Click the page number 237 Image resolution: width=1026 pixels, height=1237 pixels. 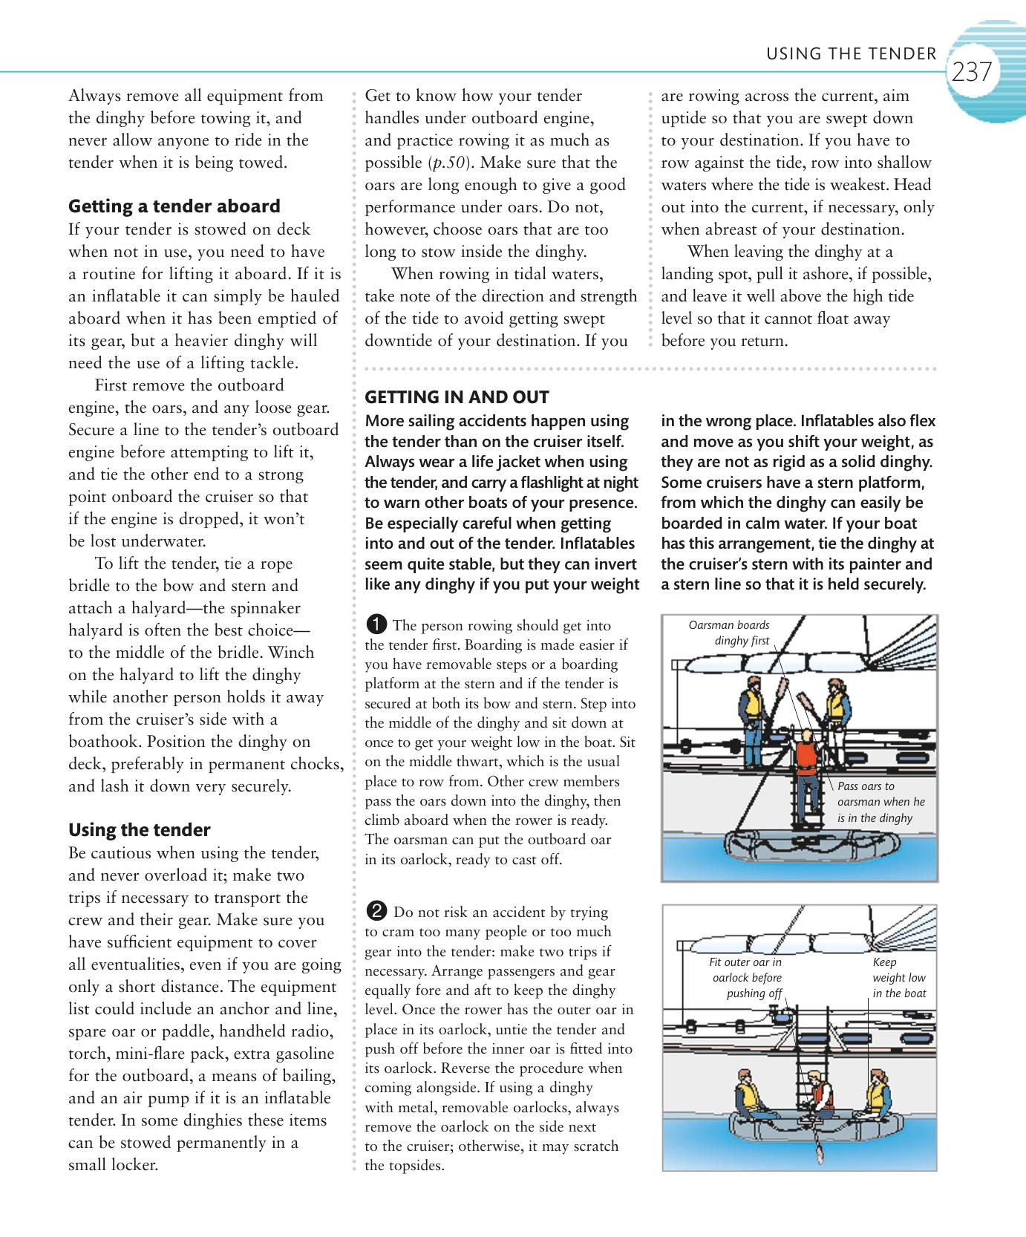tap(971, 73)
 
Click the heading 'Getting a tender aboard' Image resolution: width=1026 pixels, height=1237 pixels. tap(174, 206)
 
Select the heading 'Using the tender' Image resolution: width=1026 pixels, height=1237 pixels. tap(139, 830)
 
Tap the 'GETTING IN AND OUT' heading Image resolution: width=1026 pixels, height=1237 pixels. tap(457, 397)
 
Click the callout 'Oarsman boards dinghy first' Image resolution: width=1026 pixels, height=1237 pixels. tap(731, 633)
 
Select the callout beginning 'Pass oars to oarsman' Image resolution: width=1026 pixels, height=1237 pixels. tap(880, 802)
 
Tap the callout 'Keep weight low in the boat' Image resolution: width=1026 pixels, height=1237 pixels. tap(898, 978)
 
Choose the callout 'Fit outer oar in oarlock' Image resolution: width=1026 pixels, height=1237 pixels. tap(746, 978)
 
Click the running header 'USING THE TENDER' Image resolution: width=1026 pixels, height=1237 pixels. tap(851, 53)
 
